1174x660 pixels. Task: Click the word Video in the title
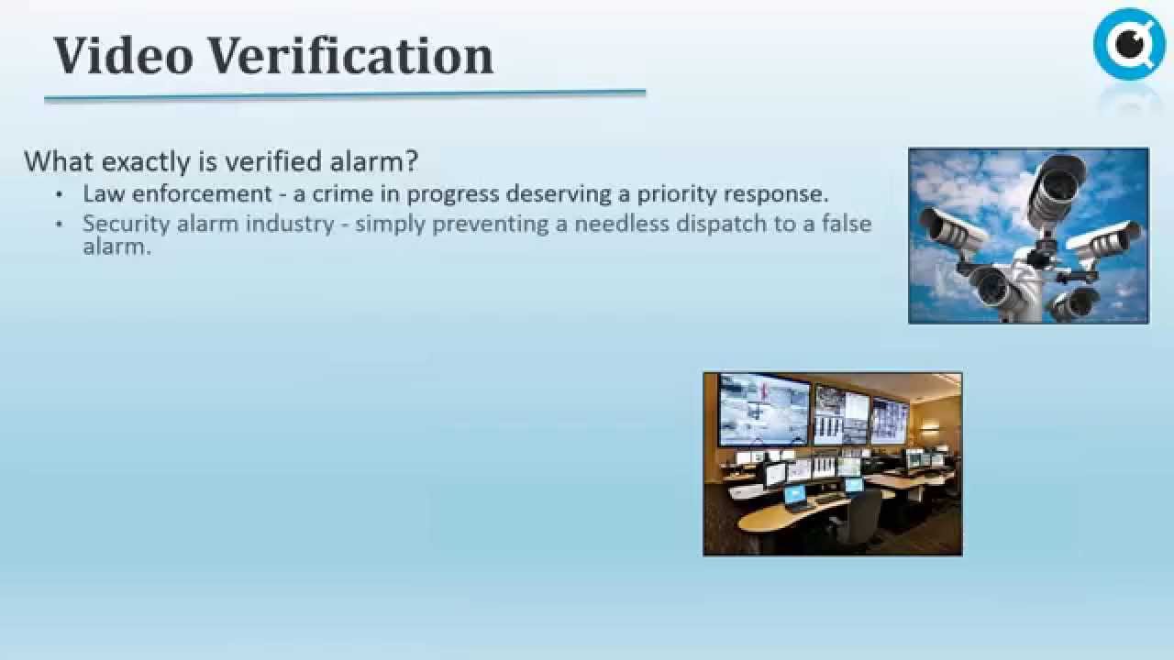coord(123,55)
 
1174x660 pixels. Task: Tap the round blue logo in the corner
coord(1129,43)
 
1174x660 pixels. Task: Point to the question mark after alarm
coord(411,161)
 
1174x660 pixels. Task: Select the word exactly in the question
coord(147,162)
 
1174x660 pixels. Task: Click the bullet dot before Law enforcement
coord(61,195)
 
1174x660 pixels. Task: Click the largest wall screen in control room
coord(763,409)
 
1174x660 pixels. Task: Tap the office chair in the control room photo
coord(863,522)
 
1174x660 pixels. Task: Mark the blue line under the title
coord(345,94)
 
